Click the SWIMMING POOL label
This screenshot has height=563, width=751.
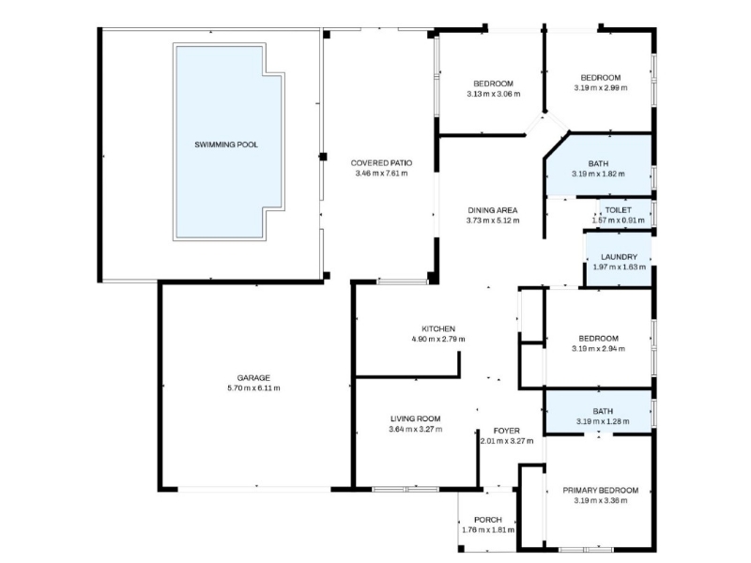click(226, 145)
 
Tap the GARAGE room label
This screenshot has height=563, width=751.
click(253, 378)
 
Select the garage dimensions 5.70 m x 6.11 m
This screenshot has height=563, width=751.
click(253, 388)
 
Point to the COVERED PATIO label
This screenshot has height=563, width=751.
click(381, 163)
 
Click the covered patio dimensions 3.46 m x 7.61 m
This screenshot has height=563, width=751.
click(381, 174)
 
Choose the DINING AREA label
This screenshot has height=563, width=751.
click(492, 210)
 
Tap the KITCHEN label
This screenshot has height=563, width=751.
click(438, 329)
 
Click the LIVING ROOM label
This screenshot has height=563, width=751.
click(415, 418)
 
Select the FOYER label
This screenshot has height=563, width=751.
click(506, 431)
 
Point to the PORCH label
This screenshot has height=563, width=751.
click(488, 520)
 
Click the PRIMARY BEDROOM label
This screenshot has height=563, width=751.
click(601, 491)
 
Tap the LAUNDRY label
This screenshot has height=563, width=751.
click(619, 257)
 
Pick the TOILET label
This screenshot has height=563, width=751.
click(619, 210)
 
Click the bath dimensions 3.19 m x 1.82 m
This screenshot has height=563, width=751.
click(598, 175)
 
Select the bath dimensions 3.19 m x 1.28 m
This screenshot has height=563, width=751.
click(603, 421)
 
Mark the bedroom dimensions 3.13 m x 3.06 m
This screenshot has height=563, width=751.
click(494, 95)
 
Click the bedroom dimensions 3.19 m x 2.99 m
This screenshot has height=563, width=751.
click(601, 88)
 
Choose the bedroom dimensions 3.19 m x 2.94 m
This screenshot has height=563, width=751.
click(598, 349)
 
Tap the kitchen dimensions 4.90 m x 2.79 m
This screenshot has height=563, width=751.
click(438, 340)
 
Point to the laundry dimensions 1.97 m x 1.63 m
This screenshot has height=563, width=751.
click(619, 267)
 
